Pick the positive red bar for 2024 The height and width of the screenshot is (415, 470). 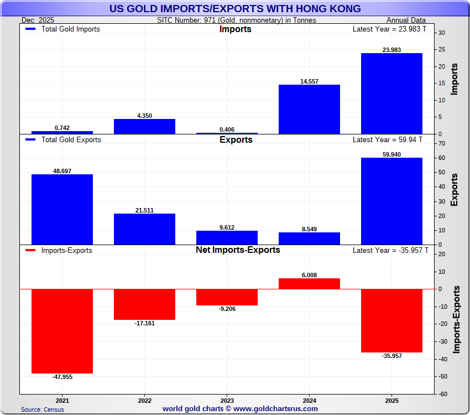309,283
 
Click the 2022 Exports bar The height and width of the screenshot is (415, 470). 144,229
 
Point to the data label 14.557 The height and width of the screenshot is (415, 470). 309,81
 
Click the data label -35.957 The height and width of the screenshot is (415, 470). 391,356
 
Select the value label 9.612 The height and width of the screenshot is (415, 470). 227,227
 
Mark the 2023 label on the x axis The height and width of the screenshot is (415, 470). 227,400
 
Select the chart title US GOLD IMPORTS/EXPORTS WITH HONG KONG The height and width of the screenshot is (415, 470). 235,8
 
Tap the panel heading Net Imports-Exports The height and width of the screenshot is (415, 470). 238,250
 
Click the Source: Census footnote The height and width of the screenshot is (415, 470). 43,409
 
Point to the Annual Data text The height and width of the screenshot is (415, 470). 406,20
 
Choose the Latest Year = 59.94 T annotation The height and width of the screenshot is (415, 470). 387,140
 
